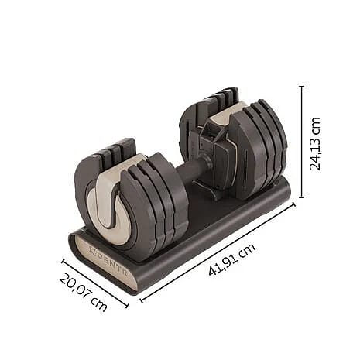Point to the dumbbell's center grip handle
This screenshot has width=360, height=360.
(x=197, y=172)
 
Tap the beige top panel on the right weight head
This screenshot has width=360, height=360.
(x=224, y=116)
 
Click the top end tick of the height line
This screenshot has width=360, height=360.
(x=302, y=87)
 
